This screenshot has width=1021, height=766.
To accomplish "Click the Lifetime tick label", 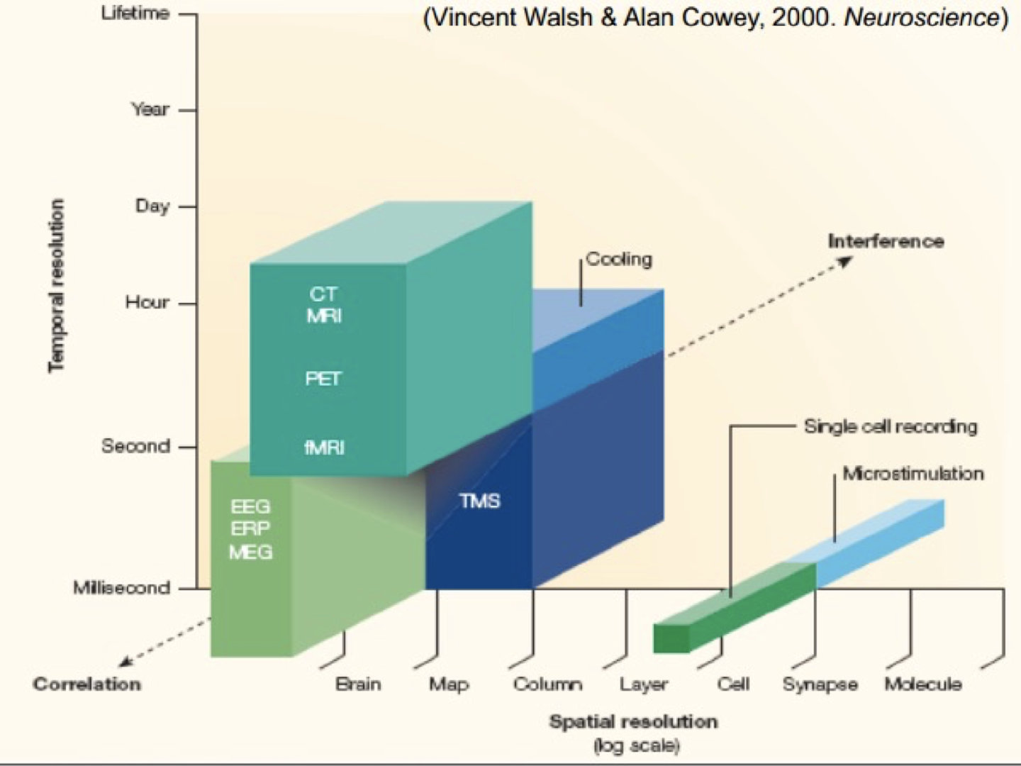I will [x=135, y=13].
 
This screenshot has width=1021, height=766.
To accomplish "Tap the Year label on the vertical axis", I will [x=150, y=110].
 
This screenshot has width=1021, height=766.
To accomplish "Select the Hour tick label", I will [x=147, y=303].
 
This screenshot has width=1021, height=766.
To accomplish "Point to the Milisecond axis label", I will [x=121, y=588].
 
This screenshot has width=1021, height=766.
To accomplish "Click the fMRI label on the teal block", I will [x=325, y=448].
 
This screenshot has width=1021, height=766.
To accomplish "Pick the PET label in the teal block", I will [x=323, y=379].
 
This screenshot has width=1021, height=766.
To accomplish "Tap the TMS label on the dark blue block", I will [x=480, y=501].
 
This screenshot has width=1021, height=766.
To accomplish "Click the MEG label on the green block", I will [x=250, y=552].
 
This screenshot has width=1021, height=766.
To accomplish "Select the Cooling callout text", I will [x=619, y=259].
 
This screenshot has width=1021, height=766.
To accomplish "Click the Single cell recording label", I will [x=891, y=426].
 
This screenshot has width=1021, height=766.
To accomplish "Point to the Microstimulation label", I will [x=913, y=473].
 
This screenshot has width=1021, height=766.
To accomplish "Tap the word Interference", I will [x=886, y=241].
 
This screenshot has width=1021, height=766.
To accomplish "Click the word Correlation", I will [x=87, y=684].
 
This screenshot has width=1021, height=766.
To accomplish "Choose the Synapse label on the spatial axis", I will [x=820, y=684].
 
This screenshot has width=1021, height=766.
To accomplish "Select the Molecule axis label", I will [x=923, y=684].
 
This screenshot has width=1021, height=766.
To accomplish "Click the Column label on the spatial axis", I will [x=547, y=684].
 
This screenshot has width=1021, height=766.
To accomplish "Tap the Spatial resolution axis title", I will [x=633, y=722].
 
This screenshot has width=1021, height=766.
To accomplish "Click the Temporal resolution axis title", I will [x=56, y=285].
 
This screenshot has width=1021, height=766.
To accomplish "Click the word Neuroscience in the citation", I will [x=922, y=18].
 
